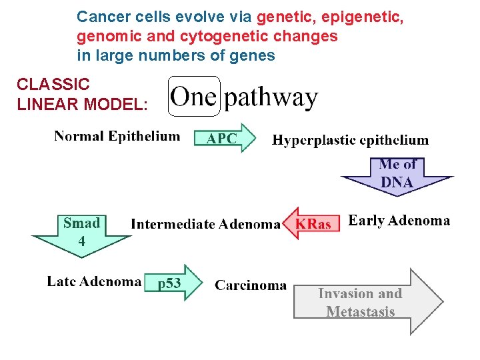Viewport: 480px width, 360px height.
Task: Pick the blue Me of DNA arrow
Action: pos(397,175)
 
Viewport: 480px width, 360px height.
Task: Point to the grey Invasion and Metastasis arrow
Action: pos(367,302)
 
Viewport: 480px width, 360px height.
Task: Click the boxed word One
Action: pos(193,97)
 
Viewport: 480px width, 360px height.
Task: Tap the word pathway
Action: pos(270,99)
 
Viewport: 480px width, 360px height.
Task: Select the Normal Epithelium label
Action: pos(117,136)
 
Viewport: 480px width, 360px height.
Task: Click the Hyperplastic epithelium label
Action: pos(350,140)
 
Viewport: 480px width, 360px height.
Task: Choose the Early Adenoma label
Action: pos(399,221)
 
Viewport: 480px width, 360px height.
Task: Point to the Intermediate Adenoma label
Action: pos(205,224)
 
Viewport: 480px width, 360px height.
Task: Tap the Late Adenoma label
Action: pos(93,281)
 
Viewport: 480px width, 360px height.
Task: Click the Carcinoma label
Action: pos(251,285)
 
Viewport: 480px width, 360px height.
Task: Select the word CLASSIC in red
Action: pos(53,85)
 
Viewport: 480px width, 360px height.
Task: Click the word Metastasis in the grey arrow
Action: pos(360,311)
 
